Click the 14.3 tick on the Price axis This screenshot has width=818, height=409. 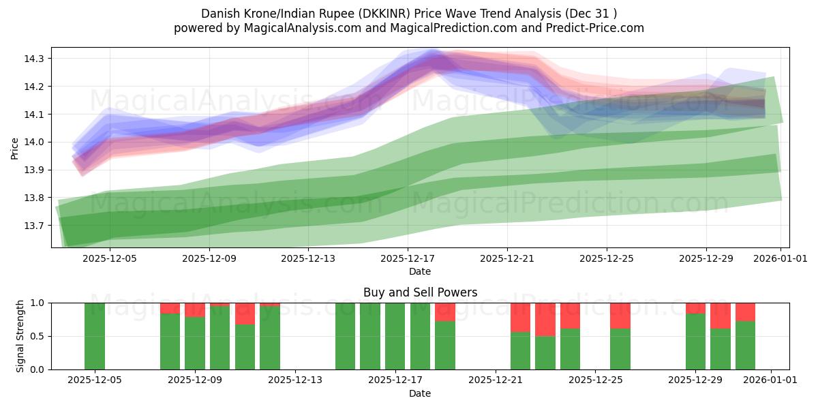click(x=35, y=59)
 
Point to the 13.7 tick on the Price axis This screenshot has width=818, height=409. click(x=35, y=226)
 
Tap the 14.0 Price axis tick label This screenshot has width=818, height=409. click(x=35, y=142)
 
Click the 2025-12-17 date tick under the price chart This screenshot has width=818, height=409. click(x=407, y=258)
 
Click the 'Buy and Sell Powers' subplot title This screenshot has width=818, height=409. click(x=420, y=292)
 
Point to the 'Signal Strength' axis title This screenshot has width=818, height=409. click(x=20, y=336)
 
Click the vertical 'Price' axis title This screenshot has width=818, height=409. click(x=15, y=147)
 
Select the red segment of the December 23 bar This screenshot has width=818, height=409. click(x=545, y=319)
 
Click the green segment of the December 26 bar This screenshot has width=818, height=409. click(x=620, y=349)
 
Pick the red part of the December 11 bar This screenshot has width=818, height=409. click(x=245, y=314)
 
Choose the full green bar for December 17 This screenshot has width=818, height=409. click(x=395, y=336)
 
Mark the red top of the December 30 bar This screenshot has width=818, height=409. click(x=721, y=316)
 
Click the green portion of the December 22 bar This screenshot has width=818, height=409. click(x=520, y=350)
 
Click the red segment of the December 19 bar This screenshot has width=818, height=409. click(x=445, y=312)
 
